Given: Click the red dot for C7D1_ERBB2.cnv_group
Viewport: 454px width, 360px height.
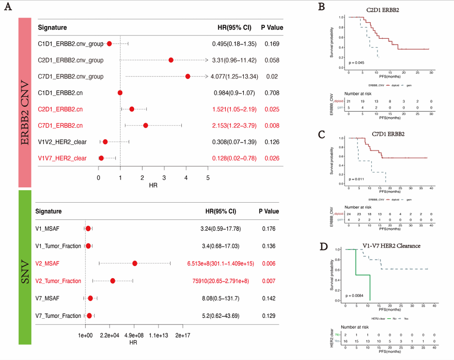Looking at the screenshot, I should tap(188, 76).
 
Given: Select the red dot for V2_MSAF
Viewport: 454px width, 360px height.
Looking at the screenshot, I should tap(135, 263).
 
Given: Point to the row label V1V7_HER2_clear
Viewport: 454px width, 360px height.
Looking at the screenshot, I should tap(62, 158).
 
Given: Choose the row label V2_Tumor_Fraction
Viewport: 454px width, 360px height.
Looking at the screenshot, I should tap(58, 281).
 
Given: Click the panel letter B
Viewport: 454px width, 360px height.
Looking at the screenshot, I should tap(322, 7).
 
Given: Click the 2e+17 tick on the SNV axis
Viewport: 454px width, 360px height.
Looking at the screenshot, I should tap(183, 335).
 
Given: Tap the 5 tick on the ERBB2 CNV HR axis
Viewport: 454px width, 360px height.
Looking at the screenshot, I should tap(208, 178).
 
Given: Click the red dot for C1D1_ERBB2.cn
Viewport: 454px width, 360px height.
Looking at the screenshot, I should tap(120, 93).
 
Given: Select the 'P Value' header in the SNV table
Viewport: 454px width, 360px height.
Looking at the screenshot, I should tap(269, 211).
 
